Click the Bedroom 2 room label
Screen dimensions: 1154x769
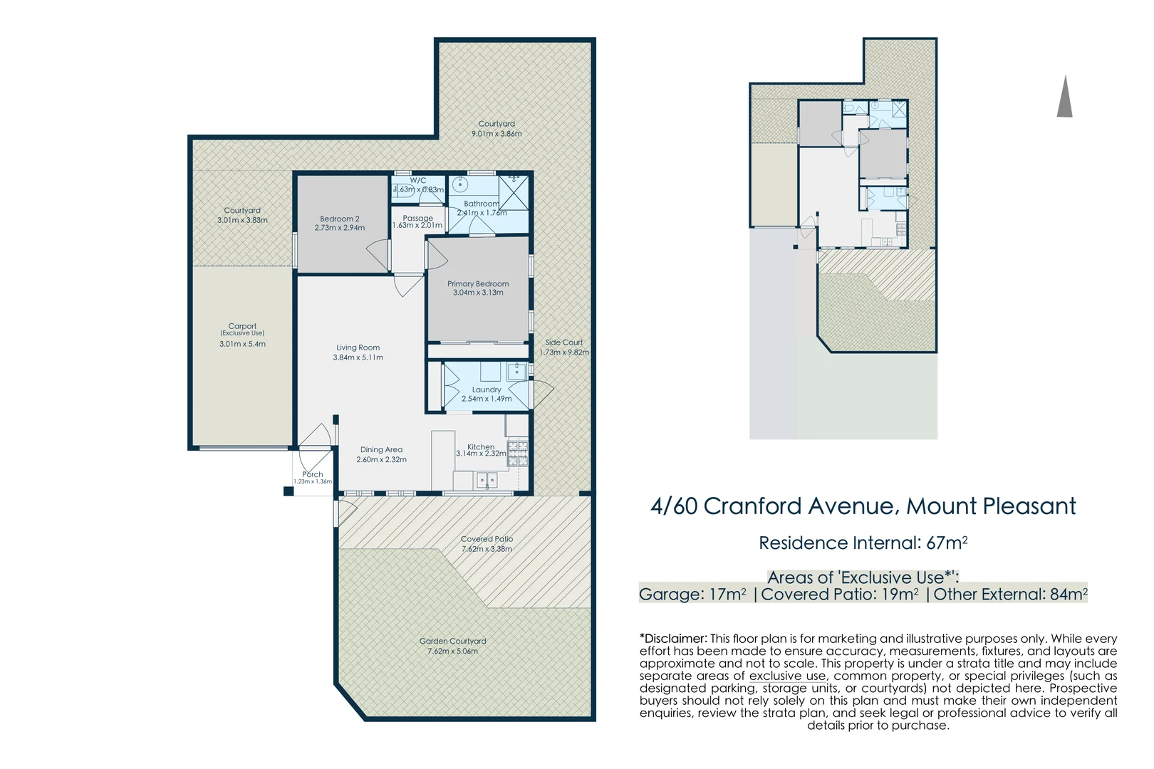coord(340,219)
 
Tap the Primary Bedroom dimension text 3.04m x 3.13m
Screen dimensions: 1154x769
coord(478,293)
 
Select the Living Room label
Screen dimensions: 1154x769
coord(358,347)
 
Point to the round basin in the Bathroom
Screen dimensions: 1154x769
coord(459,184)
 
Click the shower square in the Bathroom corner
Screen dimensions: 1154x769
coord(514,192)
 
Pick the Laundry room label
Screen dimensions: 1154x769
coord(487,390)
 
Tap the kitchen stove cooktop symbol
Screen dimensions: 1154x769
coord(519,454)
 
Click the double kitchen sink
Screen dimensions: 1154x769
coord(487,480)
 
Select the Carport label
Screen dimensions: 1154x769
coord(242,326)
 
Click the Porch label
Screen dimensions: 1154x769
coord(313,474)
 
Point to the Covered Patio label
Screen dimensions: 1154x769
coord(487,539)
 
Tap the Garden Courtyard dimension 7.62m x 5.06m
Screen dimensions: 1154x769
coord(453,651)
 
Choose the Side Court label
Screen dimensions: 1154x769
coord(564,342)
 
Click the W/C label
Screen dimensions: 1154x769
coord(418,180)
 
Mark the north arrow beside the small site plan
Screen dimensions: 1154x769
coord(1064,96)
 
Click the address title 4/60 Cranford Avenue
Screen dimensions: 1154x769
coord(775,506)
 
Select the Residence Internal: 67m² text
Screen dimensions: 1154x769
coord(863,543)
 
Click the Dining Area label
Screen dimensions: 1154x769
coord(381,450)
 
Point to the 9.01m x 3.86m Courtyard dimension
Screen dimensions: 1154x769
coord(497,134)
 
